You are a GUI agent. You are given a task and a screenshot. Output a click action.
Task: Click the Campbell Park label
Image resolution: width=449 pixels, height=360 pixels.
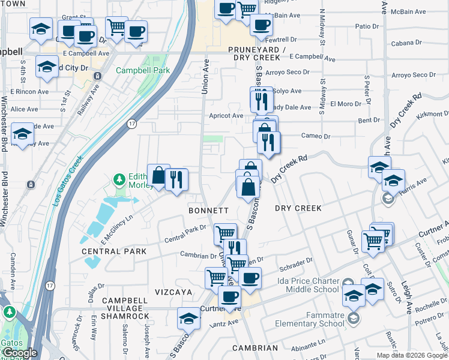click(x=143, y=70)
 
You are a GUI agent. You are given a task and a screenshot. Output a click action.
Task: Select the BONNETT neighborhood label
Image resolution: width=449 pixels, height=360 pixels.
click(x=208, y=211)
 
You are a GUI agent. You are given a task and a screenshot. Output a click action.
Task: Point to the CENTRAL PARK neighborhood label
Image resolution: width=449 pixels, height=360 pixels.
click(x=114, y=251)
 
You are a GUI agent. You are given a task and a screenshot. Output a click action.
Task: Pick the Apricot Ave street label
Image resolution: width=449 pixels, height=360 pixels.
click(x=225, y=115)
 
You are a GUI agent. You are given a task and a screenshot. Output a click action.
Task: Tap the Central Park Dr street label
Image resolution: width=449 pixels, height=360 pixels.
click(x=186, y=234)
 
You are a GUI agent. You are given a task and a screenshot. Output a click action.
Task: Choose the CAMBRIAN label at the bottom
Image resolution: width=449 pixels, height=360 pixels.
click(x=256, y=348)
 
